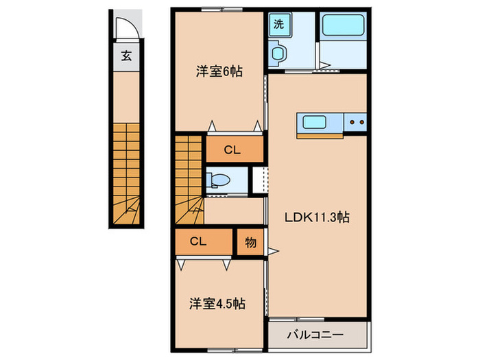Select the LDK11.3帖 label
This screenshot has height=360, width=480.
click(x=317, y=217)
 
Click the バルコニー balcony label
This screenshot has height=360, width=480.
click(x=317, y=335)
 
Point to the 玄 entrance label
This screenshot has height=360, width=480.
click(x=127, y=56)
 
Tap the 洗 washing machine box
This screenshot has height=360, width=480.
click(x=279, y=24)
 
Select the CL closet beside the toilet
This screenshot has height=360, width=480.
click(x=234, y=149)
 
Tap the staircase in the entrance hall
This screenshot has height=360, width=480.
click(x=127, y=171)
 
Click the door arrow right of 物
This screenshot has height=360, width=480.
click(x=273, y=252)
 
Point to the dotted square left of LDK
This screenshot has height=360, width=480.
click(x=259, y=179)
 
